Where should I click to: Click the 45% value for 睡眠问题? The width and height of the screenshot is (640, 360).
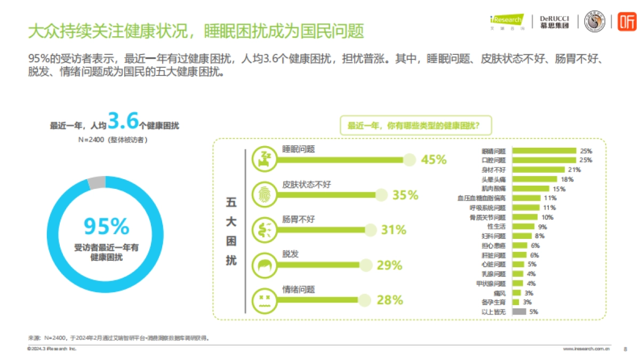click(x=434, y=159)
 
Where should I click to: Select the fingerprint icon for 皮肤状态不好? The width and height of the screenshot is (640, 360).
click(x=263, y=194)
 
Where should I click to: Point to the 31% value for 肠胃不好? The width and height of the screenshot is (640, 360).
click(x=394, y=230)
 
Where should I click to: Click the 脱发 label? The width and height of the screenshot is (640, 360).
click(x=290, y=254)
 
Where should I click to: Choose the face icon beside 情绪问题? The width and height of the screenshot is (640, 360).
click(x=263, y=299)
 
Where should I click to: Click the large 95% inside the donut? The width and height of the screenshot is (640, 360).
click(x=106, y=226)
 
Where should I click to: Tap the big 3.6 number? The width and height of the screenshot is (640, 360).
click(x=123, y=121)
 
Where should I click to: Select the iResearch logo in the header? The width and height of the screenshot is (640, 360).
click(x=506, y=21)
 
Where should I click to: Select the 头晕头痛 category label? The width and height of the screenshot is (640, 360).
click(x=493, y=179)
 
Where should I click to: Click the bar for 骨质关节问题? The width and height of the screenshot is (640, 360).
click(x=525, y=217)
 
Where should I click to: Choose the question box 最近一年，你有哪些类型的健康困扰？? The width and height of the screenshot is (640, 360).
click(x=413, y=126)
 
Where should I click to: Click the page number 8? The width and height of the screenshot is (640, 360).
click(x=625, y=349)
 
